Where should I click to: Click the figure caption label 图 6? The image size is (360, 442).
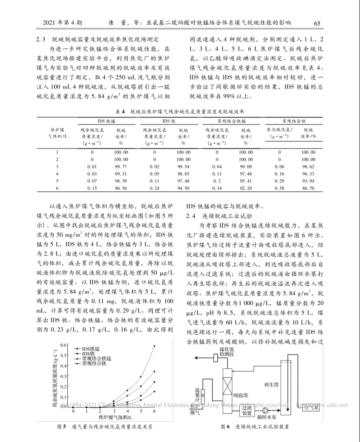pos(225,427)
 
